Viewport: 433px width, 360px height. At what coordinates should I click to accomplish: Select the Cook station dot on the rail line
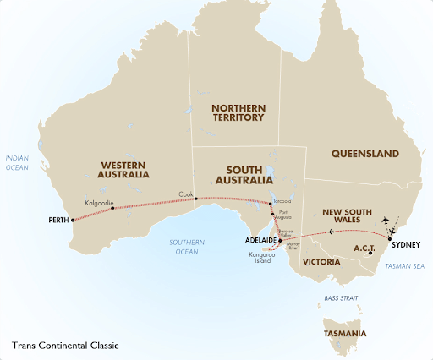195,199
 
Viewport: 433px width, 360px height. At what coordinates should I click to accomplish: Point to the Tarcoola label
282,202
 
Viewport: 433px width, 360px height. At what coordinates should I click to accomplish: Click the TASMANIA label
344,334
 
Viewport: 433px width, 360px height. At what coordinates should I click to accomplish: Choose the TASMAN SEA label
402,265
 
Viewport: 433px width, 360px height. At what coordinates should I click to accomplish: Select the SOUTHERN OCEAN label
183,245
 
